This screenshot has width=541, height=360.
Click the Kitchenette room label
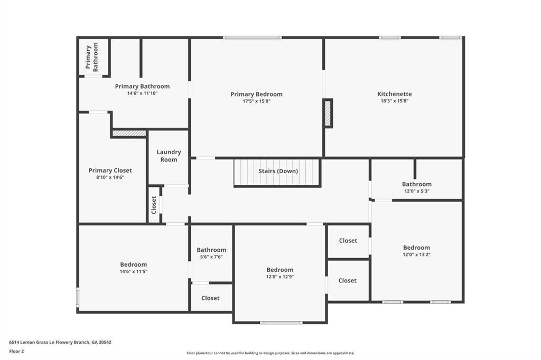[x=394, y=94]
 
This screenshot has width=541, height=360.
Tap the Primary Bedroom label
[x=256, y=94]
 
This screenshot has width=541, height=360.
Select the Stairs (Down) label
[x=278, y=171]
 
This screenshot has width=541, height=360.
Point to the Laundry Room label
[x=169, y=156]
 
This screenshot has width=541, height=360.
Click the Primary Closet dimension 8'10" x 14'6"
[x=110, y=177]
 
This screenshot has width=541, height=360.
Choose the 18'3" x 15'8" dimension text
[x=394, y=101]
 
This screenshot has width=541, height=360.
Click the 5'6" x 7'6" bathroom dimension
[x=211, y=257]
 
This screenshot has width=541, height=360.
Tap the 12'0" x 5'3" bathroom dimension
[x=417, y=191]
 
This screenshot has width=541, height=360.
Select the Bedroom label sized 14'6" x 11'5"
[x=134, y=264]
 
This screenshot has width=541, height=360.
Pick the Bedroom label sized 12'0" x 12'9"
[x=280, y=270]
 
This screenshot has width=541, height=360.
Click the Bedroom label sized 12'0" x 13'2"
[x=416, y=248]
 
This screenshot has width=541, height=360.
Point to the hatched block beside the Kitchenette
[x=328, y=113]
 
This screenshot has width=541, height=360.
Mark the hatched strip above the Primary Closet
[x=129, y=133]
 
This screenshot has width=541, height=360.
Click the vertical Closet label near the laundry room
[x=154, y=205]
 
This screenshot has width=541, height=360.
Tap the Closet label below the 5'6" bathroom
[x=210, y=298]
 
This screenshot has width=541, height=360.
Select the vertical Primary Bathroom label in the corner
[x=92, y=57]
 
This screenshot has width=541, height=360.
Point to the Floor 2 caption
[x=16, y=352]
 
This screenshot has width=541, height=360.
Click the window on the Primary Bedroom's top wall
[x=252, y=37]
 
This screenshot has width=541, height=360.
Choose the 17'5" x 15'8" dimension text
[x=256, y=101]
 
